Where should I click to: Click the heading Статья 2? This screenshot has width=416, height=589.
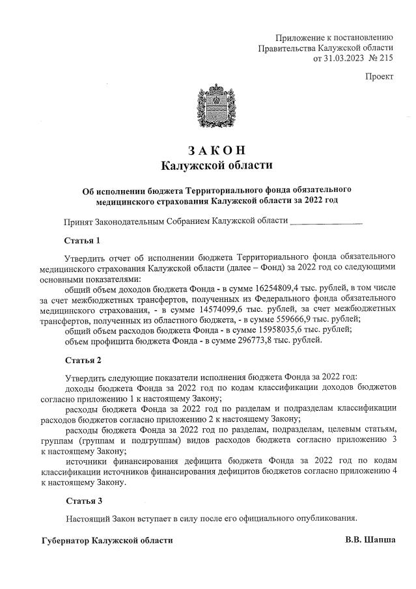click(83, 359)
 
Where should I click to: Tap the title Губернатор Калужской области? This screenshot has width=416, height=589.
click(107, 540)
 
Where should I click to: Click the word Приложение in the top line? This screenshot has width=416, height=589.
click(299, 37)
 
